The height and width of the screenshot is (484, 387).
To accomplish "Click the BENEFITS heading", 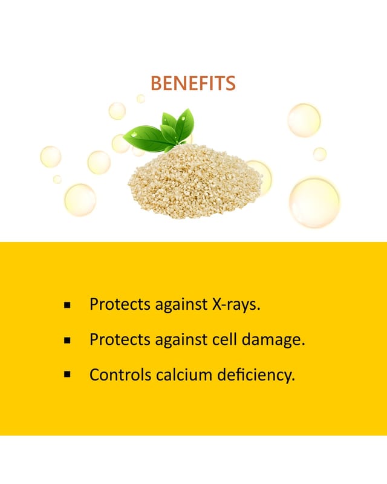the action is tap(193, 83).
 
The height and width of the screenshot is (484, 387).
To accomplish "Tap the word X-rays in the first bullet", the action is tap(236, 304).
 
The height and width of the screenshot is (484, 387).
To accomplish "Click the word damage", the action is tap(273, 340).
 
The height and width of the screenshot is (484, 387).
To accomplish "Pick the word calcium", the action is tap(184, 374).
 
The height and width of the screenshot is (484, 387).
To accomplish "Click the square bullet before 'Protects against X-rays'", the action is tap(67, 306).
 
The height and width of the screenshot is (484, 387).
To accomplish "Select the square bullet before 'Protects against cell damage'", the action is tap(67, 340).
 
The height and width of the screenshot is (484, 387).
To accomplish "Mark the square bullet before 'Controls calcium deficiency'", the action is tap(67, 374).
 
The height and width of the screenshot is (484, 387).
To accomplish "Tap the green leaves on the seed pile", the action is tap(160, 132).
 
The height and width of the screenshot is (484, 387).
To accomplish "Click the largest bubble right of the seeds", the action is tap(314, 203).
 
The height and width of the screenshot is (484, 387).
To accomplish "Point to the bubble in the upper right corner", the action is tap(304, 120).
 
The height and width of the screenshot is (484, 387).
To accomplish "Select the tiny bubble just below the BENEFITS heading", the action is tap(141, 99).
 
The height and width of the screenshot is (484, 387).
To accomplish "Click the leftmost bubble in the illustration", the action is tap(51, 157).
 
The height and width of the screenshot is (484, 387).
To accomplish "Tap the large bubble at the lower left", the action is tap(80, 200).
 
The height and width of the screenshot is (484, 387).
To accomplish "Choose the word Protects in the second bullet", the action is tap(120, 339).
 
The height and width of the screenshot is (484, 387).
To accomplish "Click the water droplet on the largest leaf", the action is tap(134, 134).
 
